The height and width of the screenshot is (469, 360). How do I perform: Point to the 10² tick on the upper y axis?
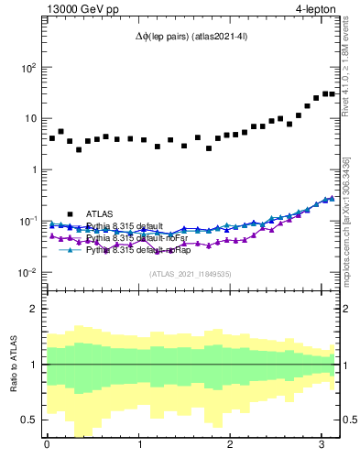(27, 68)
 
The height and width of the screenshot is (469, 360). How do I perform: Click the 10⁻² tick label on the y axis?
(27, 272)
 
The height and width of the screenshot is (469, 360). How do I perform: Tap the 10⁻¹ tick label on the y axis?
(27, 221)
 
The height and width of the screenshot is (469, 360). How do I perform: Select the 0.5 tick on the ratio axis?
(28, 420)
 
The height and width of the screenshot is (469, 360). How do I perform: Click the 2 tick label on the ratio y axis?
(34, 309)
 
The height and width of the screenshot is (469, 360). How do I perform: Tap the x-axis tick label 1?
(139, 446)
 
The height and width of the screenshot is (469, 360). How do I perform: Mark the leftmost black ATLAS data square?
(52, 138)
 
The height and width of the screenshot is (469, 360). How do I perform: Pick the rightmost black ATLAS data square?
(332, 93)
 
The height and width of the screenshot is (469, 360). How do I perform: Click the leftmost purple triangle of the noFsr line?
(52, 235)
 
